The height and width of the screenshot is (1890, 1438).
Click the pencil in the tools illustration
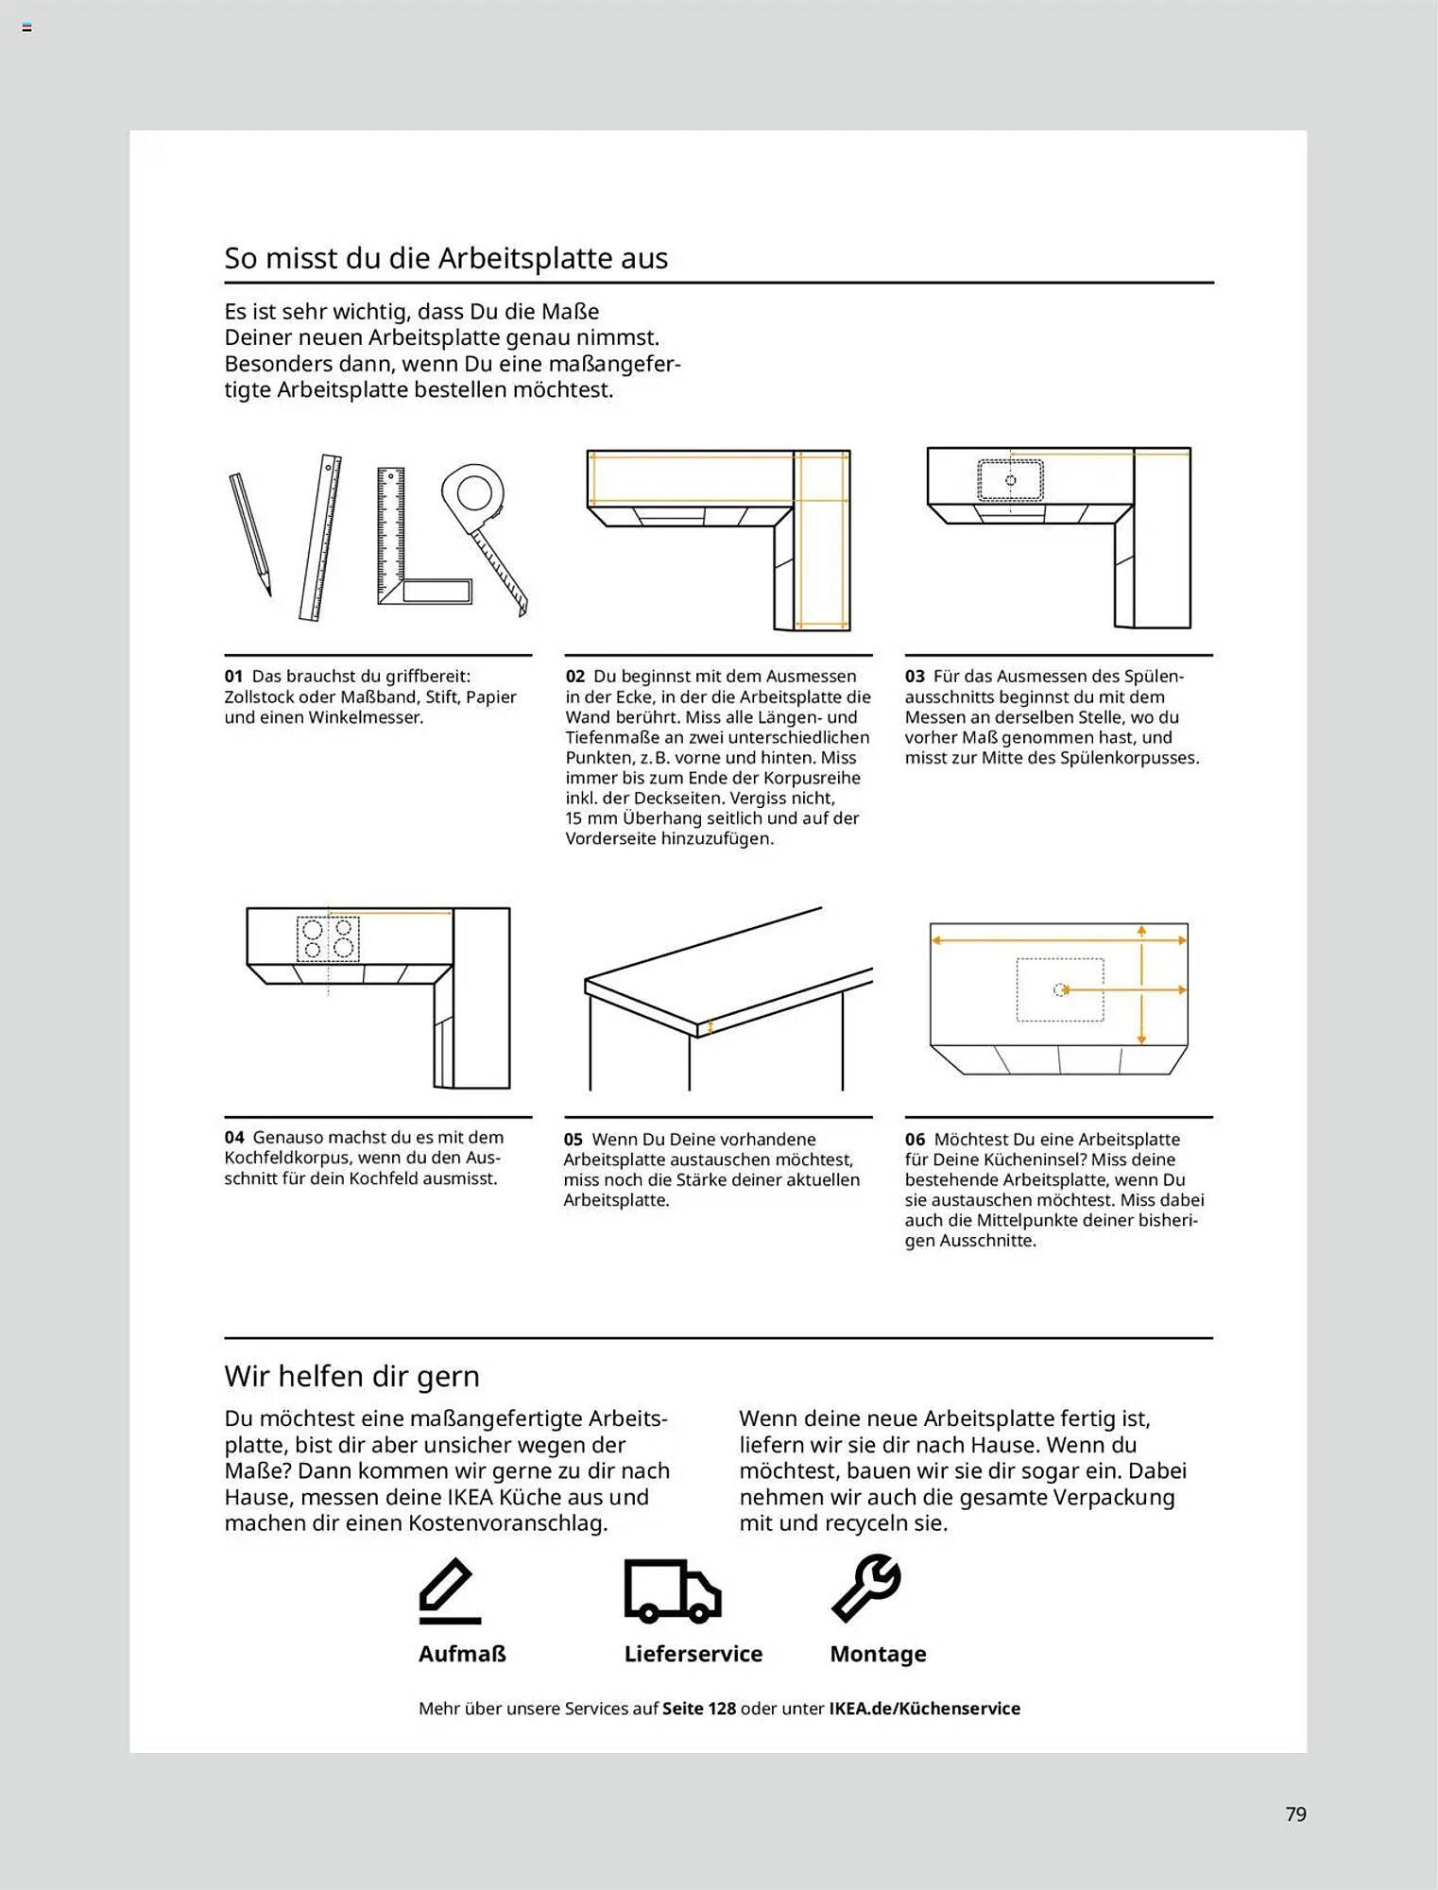[250, 533]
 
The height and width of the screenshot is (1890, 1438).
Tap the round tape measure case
[472, 493]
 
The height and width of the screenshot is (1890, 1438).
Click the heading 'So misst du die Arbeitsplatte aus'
[446, 258]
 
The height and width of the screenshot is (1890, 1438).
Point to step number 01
[233, 677]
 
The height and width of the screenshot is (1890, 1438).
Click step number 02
[574, 677]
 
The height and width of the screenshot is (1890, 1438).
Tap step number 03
[915, 677]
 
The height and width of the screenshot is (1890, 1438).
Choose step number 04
[234, 1138]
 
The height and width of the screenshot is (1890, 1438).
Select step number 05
[573, 1140]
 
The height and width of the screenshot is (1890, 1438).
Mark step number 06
[915, 1140]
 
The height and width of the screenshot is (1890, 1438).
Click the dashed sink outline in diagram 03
[1010, 480]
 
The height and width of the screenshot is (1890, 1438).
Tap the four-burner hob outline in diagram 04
[328, 938]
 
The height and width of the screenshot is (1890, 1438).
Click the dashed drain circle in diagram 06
[1059, 989]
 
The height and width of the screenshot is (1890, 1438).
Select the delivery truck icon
[672, 1591]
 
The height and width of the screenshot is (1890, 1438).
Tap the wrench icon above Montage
[866, 1588]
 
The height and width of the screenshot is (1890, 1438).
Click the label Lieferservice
[693, 1654]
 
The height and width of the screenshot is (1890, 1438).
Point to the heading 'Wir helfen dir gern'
[351, 1376]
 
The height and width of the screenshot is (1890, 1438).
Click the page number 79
[1295, 1813]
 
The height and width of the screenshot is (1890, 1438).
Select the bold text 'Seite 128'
[698, 1709]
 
